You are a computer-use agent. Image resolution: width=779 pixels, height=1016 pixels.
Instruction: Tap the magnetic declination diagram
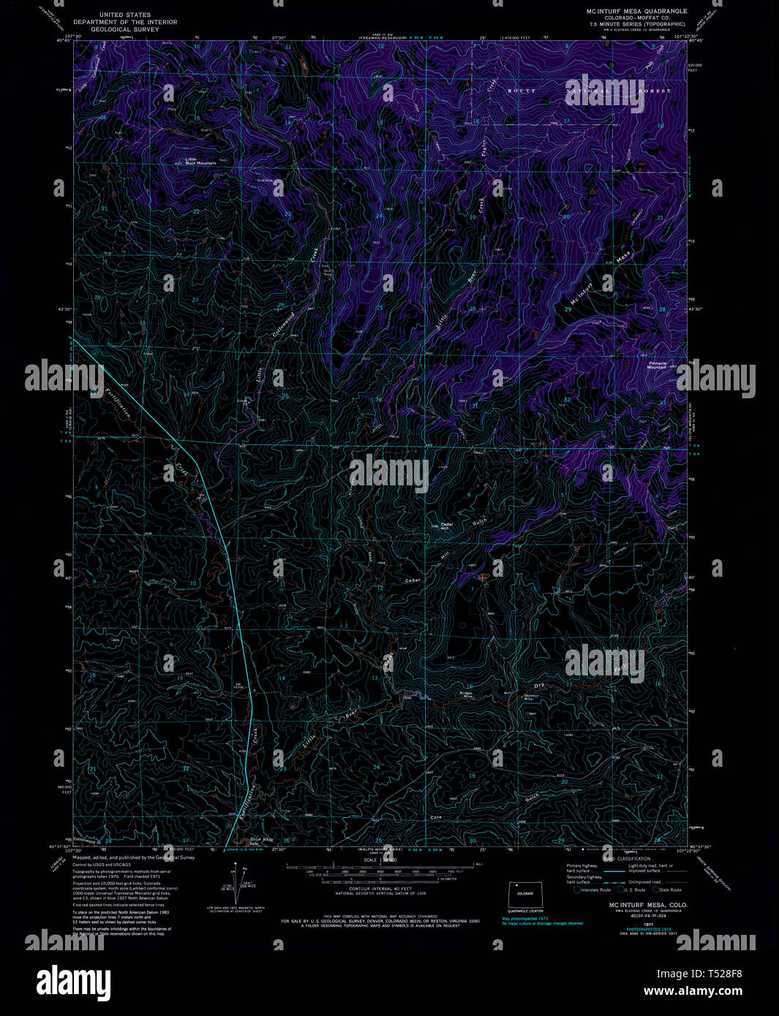(236, 886)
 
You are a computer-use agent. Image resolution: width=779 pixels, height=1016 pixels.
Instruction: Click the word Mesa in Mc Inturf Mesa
(623, 257)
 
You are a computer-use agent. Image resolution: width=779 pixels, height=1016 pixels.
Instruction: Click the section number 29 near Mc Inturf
(568, 310)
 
